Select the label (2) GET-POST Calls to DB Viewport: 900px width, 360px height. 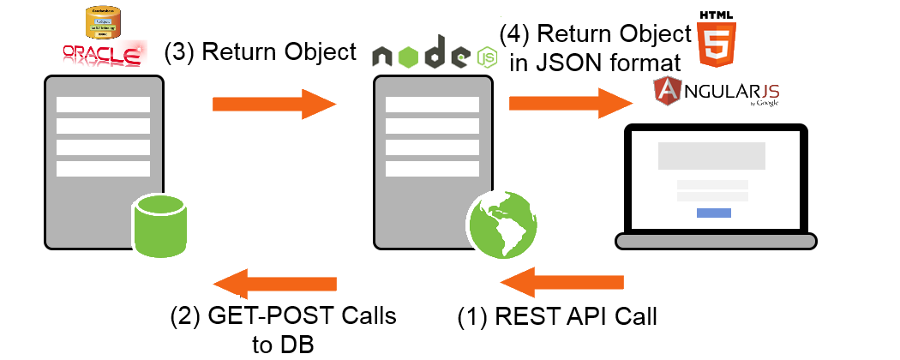284,328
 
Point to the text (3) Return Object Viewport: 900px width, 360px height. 259,52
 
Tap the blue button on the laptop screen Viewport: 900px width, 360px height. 713,213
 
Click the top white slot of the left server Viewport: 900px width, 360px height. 103,104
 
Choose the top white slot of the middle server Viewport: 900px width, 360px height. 432,104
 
